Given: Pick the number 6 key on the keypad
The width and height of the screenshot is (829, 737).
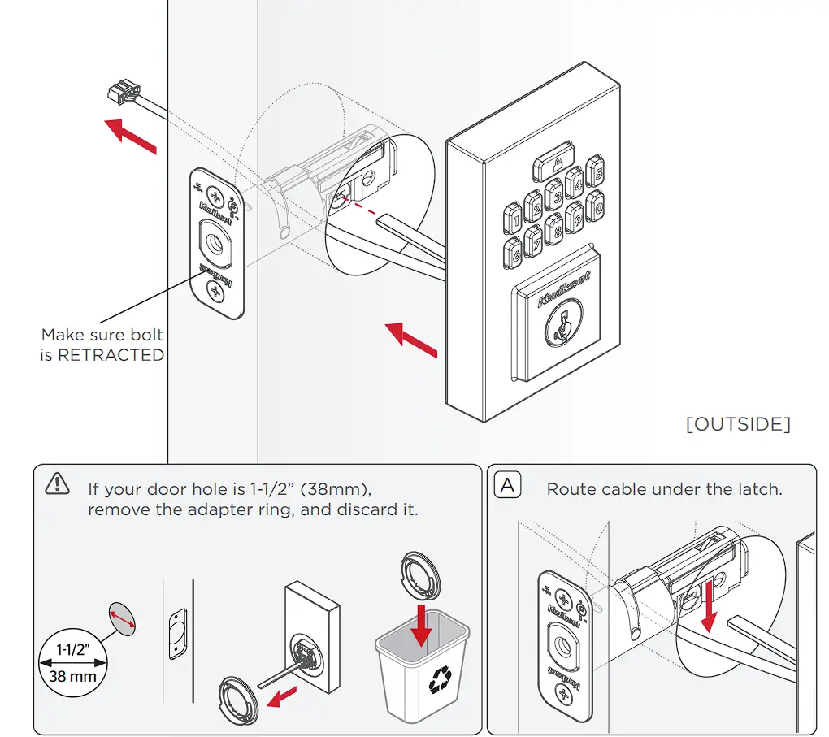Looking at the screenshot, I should (514, 253).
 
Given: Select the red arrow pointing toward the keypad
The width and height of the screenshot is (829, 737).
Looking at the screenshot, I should (411, 340).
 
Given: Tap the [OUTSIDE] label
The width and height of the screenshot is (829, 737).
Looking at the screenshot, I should (738, 423).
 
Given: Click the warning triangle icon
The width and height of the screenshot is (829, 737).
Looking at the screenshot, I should (58, 483).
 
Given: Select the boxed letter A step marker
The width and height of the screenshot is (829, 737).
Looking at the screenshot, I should (508, 487).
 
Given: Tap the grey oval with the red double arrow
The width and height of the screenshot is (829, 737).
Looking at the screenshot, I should (122, 619).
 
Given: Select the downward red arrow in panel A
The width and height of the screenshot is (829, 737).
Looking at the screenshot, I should (710, 605).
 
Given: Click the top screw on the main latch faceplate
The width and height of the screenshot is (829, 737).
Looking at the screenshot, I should (215, 195).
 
